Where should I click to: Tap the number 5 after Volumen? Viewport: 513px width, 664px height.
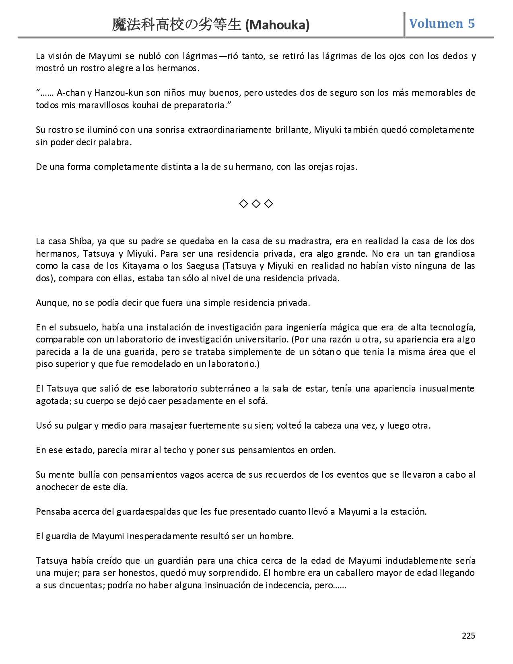click(471, 23)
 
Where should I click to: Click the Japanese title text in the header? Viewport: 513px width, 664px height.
click(177, 25)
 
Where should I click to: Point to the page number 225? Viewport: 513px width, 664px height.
click(468, 635)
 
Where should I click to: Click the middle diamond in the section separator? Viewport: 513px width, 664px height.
click(256, 204)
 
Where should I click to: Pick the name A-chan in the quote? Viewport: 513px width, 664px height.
click(70, 93)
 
